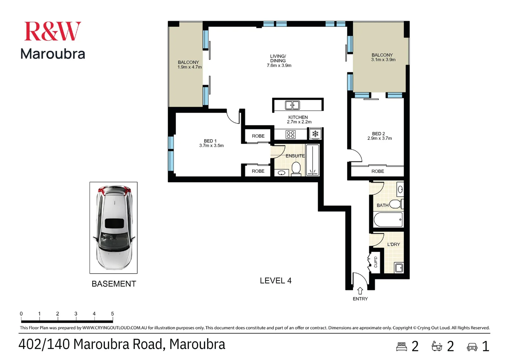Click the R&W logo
point(53,31)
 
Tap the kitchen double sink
point(292,105)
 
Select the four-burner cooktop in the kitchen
point(290,134)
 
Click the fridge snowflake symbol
point(315,133)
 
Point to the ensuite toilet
point(296,169)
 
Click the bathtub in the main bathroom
point(388,219)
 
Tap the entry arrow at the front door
point(360,291)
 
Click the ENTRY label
point(360,299)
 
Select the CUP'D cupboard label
point(376,262)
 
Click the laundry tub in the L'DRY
point(399,267)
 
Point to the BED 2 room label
point(378,134)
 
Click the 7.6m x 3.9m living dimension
point(279,65)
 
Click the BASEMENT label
point(114,284)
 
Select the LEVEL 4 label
point(275,281)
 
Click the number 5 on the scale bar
point(112,314)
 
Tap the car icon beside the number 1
point(472,347)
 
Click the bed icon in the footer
point(401,347)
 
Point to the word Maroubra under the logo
point(53,54)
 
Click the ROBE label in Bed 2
point(378,171)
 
